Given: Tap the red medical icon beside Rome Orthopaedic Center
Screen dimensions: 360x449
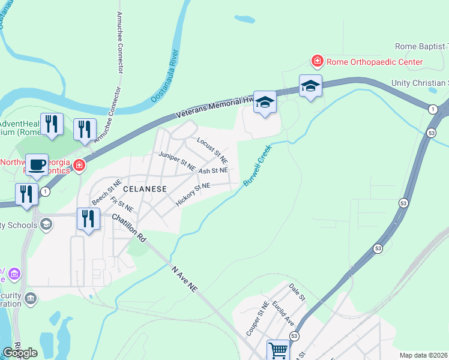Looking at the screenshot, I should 316,61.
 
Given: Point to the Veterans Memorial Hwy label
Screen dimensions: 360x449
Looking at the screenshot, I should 215,104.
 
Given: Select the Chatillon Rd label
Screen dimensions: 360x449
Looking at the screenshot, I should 128,230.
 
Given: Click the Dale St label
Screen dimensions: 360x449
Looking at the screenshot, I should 297,293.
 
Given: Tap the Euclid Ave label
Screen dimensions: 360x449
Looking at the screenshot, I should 282,313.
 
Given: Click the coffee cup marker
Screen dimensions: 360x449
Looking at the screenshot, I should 36,164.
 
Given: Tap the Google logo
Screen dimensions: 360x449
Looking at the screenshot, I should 20,353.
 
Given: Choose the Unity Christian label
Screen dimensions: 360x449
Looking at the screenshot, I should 420,83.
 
